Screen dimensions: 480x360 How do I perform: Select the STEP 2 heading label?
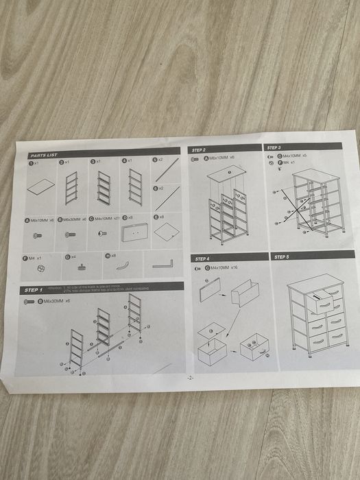point(200,149)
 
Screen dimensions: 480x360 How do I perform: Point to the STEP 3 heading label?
point(274,147)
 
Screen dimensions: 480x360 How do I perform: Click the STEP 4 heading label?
point(202,259)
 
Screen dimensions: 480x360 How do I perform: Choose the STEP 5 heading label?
point(282,256)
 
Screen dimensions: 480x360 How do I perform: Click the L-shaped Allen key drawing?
point(163,264)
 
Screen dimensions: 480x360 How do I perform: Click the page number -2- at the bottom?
point(189,378)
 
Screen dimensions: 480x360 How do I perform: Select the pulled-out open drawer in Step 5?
point(322,302)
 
